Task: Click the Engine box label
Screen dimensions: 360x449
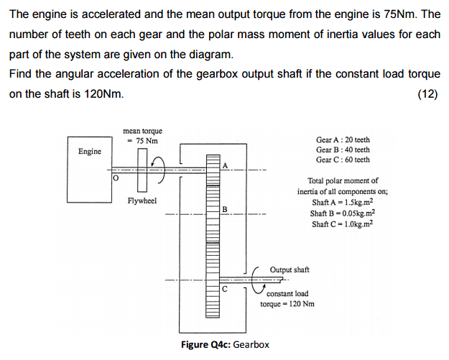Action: [x=90, y=151]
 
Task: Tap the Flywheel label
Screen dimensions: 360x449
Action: [x=142, y=200]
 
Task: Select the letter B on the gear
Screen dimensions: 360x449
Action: [x=224, y=210]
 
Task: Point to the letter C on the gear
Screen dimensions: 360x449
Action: [x=224, y=289]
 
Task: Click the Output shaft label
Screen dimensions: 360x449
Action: [x=290, y=269]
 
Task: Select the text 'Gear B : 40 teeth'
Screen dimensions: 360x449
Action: [x=343, y=149]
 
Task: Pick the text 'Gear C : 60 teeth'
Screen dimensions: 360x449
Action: [x=343, y=160]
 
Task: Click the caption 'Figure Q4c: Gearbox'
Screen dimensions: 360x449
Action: [x=226, y=345]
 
